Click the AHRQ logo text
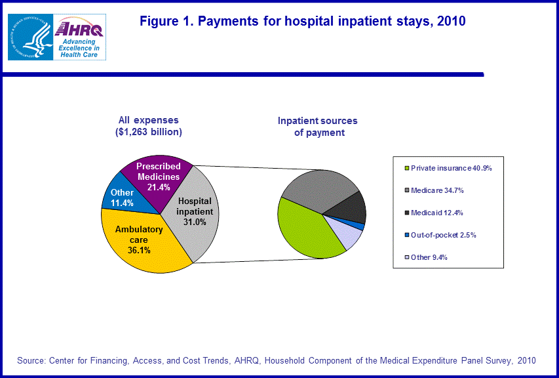81,28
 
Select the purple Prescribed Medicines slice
159,178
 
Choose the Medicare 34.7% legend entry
438,190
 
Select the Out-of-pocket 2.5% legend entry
444,235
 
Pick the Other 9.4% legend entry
430,257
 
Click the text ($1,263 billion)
148,132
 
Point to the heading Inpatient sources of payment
318,127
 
